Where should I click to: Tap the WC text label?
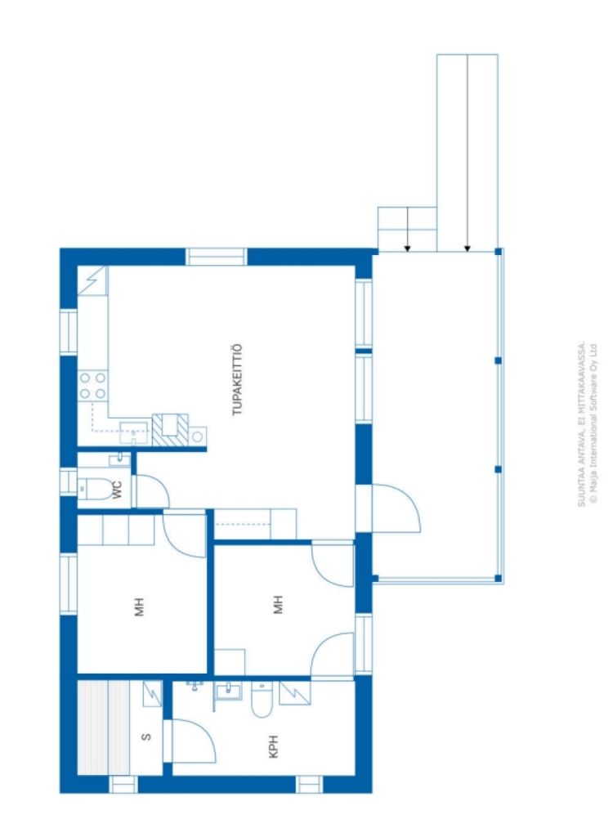tap(118, 490)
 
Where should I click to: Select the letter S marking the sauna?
tap(146, 736)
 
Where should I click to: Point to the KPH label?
tap(274, 746)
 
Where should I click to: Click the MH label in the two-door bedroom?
tap(278, 606)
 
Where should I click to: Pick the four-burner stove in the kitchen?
tap(93, 385)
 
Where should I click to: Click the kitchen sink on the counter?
tap(132, 430)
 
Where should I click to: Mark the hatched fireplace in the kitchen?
tap(170, 429)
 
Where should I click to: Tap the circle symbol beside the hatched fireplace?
tap(197, 436)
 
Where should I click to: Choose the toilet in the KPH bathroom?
tap(262, 700)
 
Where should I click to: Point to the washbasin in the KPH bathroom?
tap(227, 692)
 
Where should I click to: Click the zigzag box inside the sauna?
tap(151, 694)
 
